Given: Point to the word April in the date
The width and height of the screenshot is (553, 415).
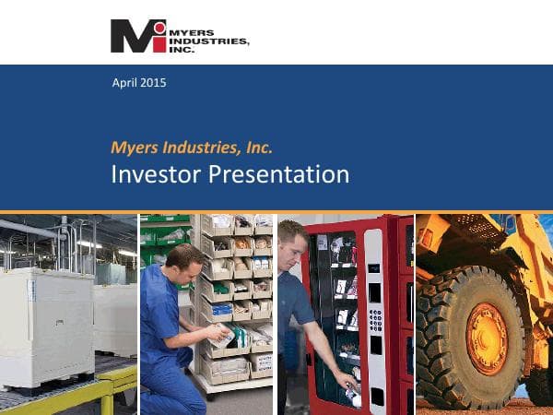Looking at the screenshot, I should pyautogui.click(x=124, y=84).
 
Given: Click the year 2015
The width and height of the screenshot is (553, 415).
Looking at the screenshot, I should pyautogui.click(x=155, y=84).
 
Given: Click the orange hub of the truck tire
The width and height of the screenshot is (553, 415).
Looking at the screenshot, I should pyautogui.click(x=487, y=338).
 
